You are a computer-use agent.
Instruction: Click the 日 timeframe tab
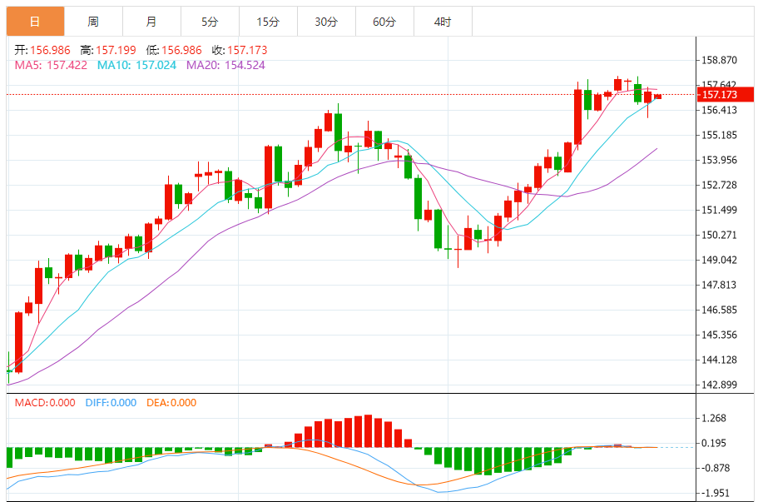(35, 22)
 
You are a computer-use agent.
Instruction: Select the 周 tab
(93, 22)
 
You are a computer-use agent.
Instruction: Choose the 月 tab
(151, 22)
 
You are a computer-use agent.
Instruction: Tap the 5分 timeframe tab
(210, 22)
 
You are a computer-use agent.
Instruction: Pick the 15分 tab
(268, 22)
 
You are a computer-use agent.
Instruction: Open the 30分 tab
(326, 22)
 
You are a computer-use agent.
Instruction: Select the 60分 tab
(384, 22)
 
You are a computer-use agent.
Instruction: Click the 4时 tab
(443, 22)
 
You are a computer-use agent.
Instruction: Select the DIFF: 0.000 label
(111, 403)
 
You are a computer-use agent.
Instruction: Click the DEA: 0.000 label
(171, 403)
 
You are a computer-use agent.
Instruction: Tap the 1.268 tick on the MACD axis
(716, 419)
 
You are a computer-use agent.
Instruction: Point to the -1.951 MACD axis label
(716, 493)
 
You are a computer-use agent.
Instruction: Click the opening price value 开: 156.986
(43, 51)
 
